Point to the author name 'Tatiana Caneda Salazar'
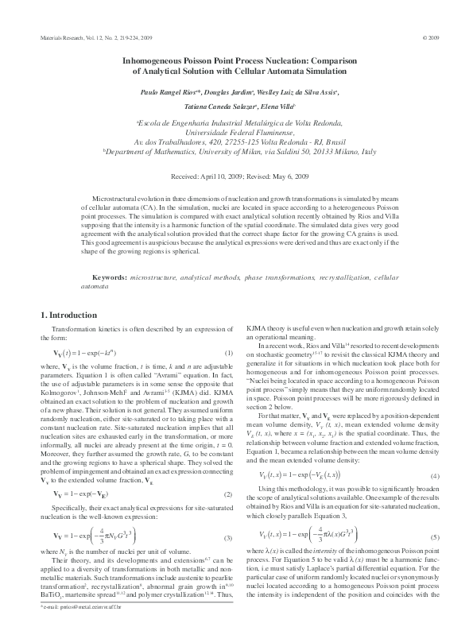click(x=210, y=106)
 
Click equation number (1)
click(x=228, y=352)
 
